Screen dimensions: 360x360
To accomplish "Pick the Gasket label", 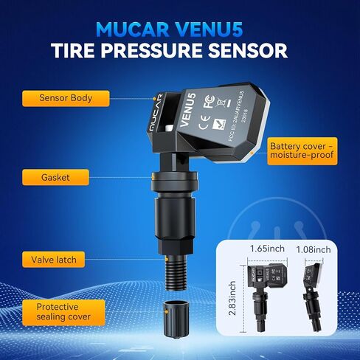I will pyautogui.click(x=56, y=177).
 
